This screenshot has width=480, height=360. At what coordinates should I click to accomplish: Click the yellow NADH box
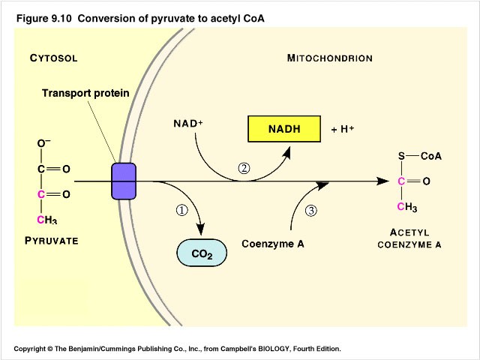pyautogui.click(x=283, y=129)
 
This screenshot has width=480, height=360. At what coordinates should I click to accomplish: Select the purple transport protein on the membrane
pyautogui.click(x=124, y=181)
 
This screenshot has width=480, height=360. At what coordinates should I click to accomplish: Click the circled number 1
pyautogui.click(x=181, y=210)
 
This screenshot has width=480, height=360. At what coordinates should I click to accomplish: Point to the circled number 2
pyautogui.click(x=243, y=168)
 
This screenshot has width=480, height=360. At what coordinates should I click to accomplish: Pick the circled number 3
pyautogui.click(x=311, y=210)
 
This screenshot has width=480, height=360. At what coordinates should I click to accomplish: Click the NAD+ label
pyautogui.click(x=188, y=123)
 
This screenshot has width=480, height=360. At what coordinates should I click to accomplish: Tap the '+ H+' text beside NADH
pyautogui.click(x=342, y=130)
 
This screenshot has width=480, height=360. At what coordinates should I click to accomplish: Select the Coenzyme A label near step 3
pyautogui.click(x=272, y=244)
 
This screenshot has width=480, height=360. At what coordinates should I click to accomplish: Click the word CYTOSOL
pyautogui.click(x=54, y=58)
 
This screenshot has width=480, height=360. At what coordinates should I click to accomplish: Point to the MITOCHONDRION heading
pyautogui.click(x=329, y=58)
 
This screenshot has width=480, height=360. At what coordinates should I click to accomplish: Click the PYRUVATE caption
pyautogui.click(x=52, y=241)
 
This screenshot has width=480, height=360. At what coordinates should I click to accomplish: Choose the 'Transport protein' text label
pyautogui.click(x=85, y=94)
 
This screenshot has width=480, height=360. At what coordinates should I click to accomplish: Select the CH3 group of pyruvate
pyautogui.click(x=46, y=220)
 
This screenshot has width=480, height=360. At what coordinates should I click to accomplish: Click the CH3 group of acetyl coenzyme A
pyautogui.click(x=406, y=206)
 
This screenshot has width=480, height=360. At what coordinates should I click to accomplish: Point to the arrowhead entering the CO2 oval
pyautogui.click(x=200, y=230)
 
